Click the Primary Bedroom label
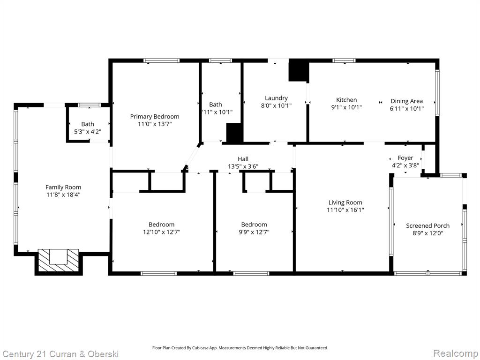pyautogui.click(x=155, y=116)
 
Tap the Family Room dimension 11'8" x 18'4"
pyautogui.click(x=63, y=195)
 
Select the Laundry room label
pyautogui.click(x=276, y=98)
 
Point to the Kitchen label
pyautogui.click(x=346, y=100)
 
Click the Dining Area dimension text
pyautogui.click(x=406, y=108)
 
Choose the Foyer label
pyautogui.click(x=405, y=158)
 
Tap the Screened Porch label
pyautogui.click(x=427, y=225)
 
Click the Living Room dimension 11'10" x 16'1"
pyautogui.click(x=345, y=210)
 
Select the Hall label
pyautogui.click(x=243, y=159)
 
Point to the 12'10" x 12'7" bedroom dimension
pyautogui.click(x=162, y=232)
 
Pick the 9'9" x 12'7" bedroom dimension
pyautogui.click(x=254, y=232)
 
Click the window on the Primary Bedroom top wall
pyautogui.click(x=162, y=60)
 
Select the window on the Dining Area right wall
pyautogui.click(x=437, y=93)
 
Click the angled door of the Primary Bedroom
pyautogui.click(x=191, y=157)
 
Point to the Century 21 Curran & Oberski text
pyautogui.click(x=60, y=354)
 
